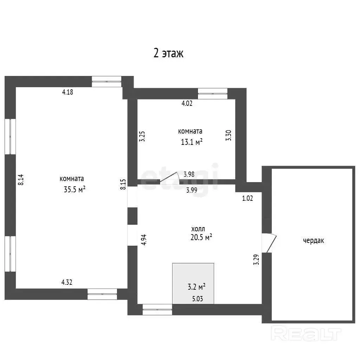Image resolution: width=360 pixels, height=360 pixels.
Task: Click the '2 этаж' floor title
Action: click(x=168, y=53)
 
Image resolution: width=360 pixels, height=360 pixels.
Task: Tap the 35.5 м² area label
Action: click(x=75, y=189)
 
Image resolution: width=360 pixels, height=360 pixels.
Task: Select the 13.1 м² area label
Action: click(x=192, y=142)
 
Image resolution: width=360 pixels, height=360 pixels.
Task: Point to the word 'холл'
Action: click(x=198, y=229)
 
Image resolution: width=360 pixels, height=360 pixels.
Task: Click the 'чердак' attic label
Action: click(x=313, y=240)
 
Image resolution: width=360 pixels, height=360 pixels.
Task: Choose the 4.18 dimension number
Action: click(x=67, y=92)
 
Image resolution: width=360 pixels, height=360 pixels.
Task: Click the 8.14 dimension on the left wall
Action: click(x=21, y=180)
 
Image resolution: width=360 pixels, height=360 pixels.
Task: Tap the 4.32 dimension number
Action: click(x=66, y=282)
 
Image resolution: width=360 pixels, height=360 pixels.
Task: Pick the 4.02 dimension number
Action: click(x=187, y=103)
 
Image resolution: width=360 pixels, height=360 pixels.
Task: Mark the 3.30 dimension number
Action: click(x=229, y=135)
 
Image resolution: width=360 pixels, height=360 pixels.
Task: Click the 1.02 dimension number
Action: click(x=247, y=198)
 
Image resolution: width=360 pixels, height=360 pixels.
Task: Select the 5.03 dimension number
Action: click(x=198, y=299)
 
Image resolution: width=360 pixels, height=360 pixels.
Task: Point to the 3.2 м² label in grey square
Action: click(x=196, y=287)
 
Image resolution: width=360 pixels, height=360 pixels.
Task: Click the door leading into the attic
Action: click(x=269, y=243)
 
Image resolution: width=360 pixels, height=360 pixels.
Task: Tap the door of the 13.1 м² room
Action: click(x=169, y=178)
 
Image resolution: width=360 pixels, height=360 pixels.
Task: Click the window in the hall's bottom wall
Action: click(x=157, y=309)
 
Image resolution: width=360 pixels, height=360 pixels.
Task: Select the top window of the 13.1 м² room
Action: click(x=213, y=94)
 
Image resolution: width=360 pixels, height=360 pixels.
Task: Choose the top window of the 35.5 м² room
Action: click(x=107, y=82)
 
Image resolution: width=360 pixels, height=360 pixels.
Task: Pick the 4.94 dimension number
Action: click(x=144, y=240)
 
